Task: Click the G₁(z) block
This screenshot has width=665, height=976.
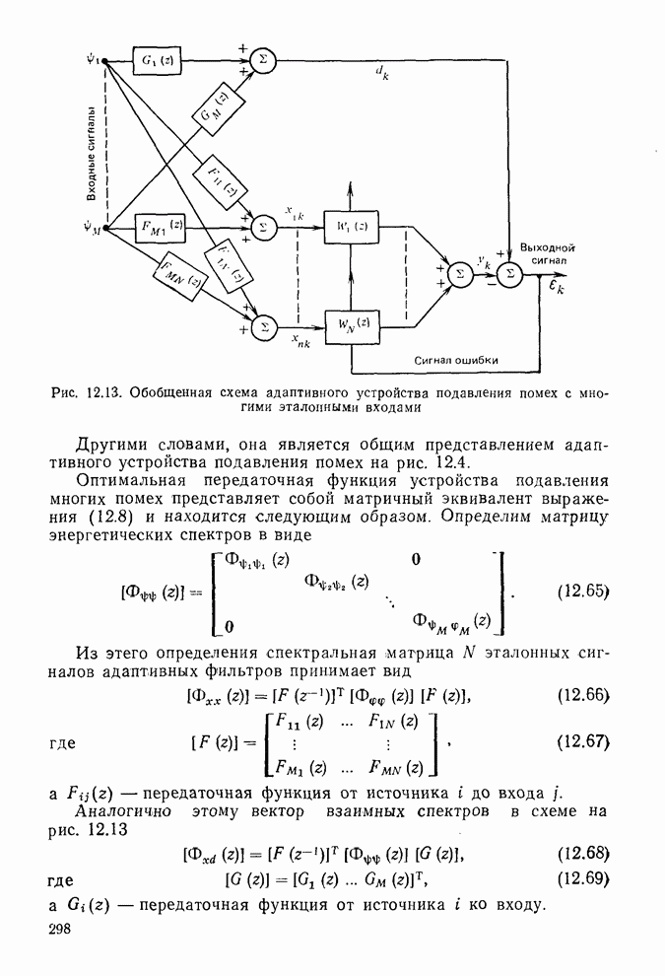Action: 156,61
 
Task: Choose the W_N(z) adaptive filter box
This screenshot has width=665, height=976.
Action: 350,323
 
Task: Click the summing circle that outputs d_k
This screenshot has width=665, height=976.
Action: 262,60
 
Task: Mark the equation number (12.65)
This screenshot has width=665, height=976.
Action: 583,593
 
